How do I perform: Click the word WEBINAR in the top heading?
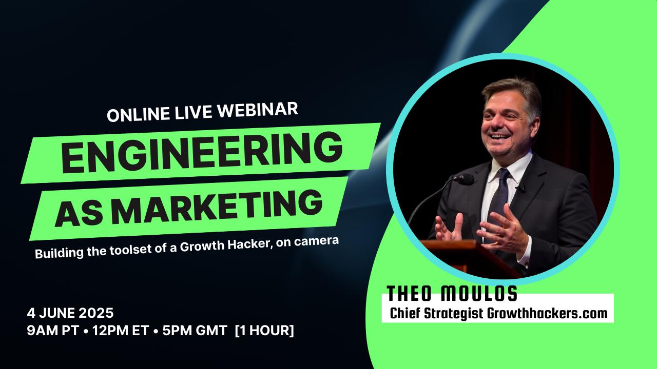(x=257, y=110)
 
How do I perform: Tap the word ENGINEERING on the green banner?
(x=202, y=152)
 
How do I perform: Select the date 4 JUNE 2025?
(x=70, y=313)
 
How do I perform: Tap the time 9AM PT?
(x=53, y=331)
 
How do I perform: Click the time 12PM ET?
(x=121, y=331)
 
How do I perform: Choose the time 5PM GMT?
(x=195, y=331)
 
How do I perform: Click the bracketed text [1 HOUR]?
(x=264, y=331)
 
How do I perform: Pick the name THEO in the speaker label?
(x=409, y=294)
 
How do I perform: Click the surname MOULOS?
(x=479, y=294)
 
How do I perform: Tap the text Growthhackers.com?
(x=547, y=313)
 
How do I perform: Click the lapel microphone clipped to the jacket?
(x=520, y=188)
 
